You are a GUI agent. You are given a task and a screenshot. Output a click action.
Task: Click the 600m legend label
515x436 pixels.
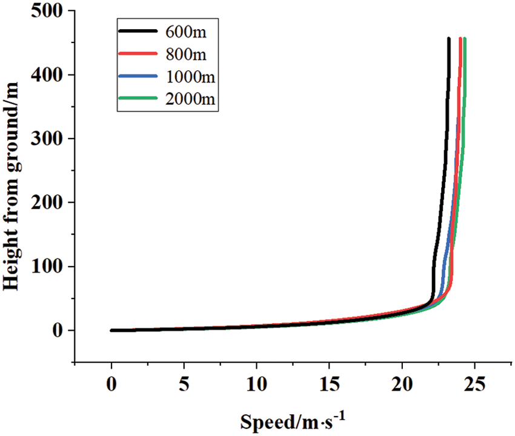pos(185,33)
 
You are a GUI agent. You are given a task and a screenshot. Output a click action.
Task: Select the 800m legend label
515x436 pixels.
pos(185,55)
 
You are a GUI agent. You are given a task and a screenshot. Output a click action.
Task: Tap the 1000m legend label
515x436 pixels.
pos(190,78)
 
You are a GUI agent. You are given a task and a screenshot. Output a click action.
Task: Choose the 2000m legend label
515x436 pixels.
pos(190,99)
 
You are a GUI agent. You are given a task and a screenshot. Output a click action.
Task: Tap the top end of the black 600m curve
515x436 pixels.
pos(448,39)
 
